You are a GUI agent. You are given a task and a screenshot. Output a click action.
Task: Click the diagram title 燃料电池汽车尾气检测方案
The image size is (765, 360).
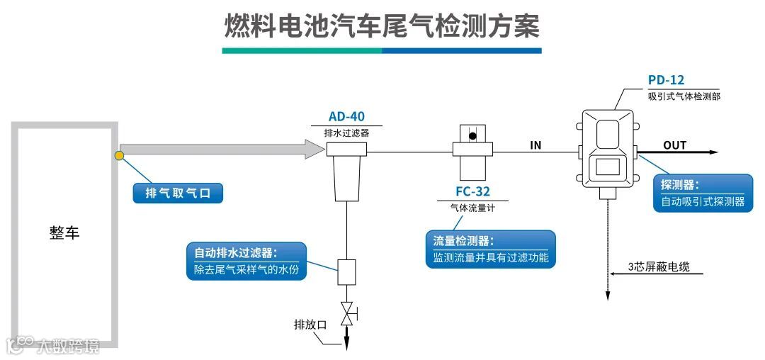click(382, 27)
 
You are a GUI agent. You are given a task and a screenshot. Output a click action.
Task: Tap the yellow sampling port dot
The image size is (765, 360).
click(120, 155)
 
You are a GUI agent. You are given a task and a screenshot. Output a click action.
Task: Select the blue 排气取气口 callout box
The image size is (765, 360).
click(178, 193)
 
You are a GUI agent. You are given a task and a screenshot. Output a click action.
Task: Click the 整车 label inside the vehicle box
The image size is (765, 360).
click(64, 233)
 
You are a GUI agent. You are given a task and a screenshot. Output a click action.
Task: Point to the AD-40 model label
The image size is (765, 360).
click(346, 117)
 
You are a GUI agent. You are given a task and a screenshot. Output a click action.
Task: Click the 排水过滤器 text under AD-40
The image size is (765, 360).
click(346, 133)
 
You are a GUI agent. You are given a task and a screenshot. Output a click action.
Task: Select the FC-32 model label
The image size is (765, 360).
click(472, 191)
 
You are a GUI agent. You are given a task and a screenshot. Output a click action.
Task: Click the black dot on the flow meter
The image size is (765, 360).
click(472, 135)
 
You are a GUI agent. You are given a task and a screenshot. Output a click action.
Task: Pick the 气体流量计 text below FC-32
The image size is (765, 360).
click(472, 208)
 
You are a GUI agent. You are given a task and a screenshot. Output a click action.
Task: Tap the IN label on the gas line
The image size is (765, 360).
click(536, 145)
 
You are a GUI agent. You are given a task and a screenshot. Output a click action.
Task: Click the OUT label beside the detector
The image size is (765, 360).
click(674, 145)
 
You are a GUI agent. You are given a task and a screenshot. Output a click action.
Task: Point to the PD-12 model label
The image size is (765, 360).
click(666, 81)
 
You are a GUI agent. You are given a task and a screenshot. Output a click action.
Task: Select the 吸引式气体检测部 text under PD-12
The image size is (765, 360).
click(684, 96)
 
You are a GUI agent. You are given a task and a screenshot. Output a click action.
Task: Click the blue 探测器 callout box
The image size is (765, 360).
click(703, 193)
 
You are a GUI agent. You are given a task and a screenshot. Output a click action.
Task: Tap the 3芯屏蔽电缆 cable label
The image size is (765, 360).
click(659, 267)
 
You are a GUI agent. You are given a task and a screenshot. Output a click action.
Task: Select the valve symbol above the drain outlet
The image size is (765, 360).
click(347, 313)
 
